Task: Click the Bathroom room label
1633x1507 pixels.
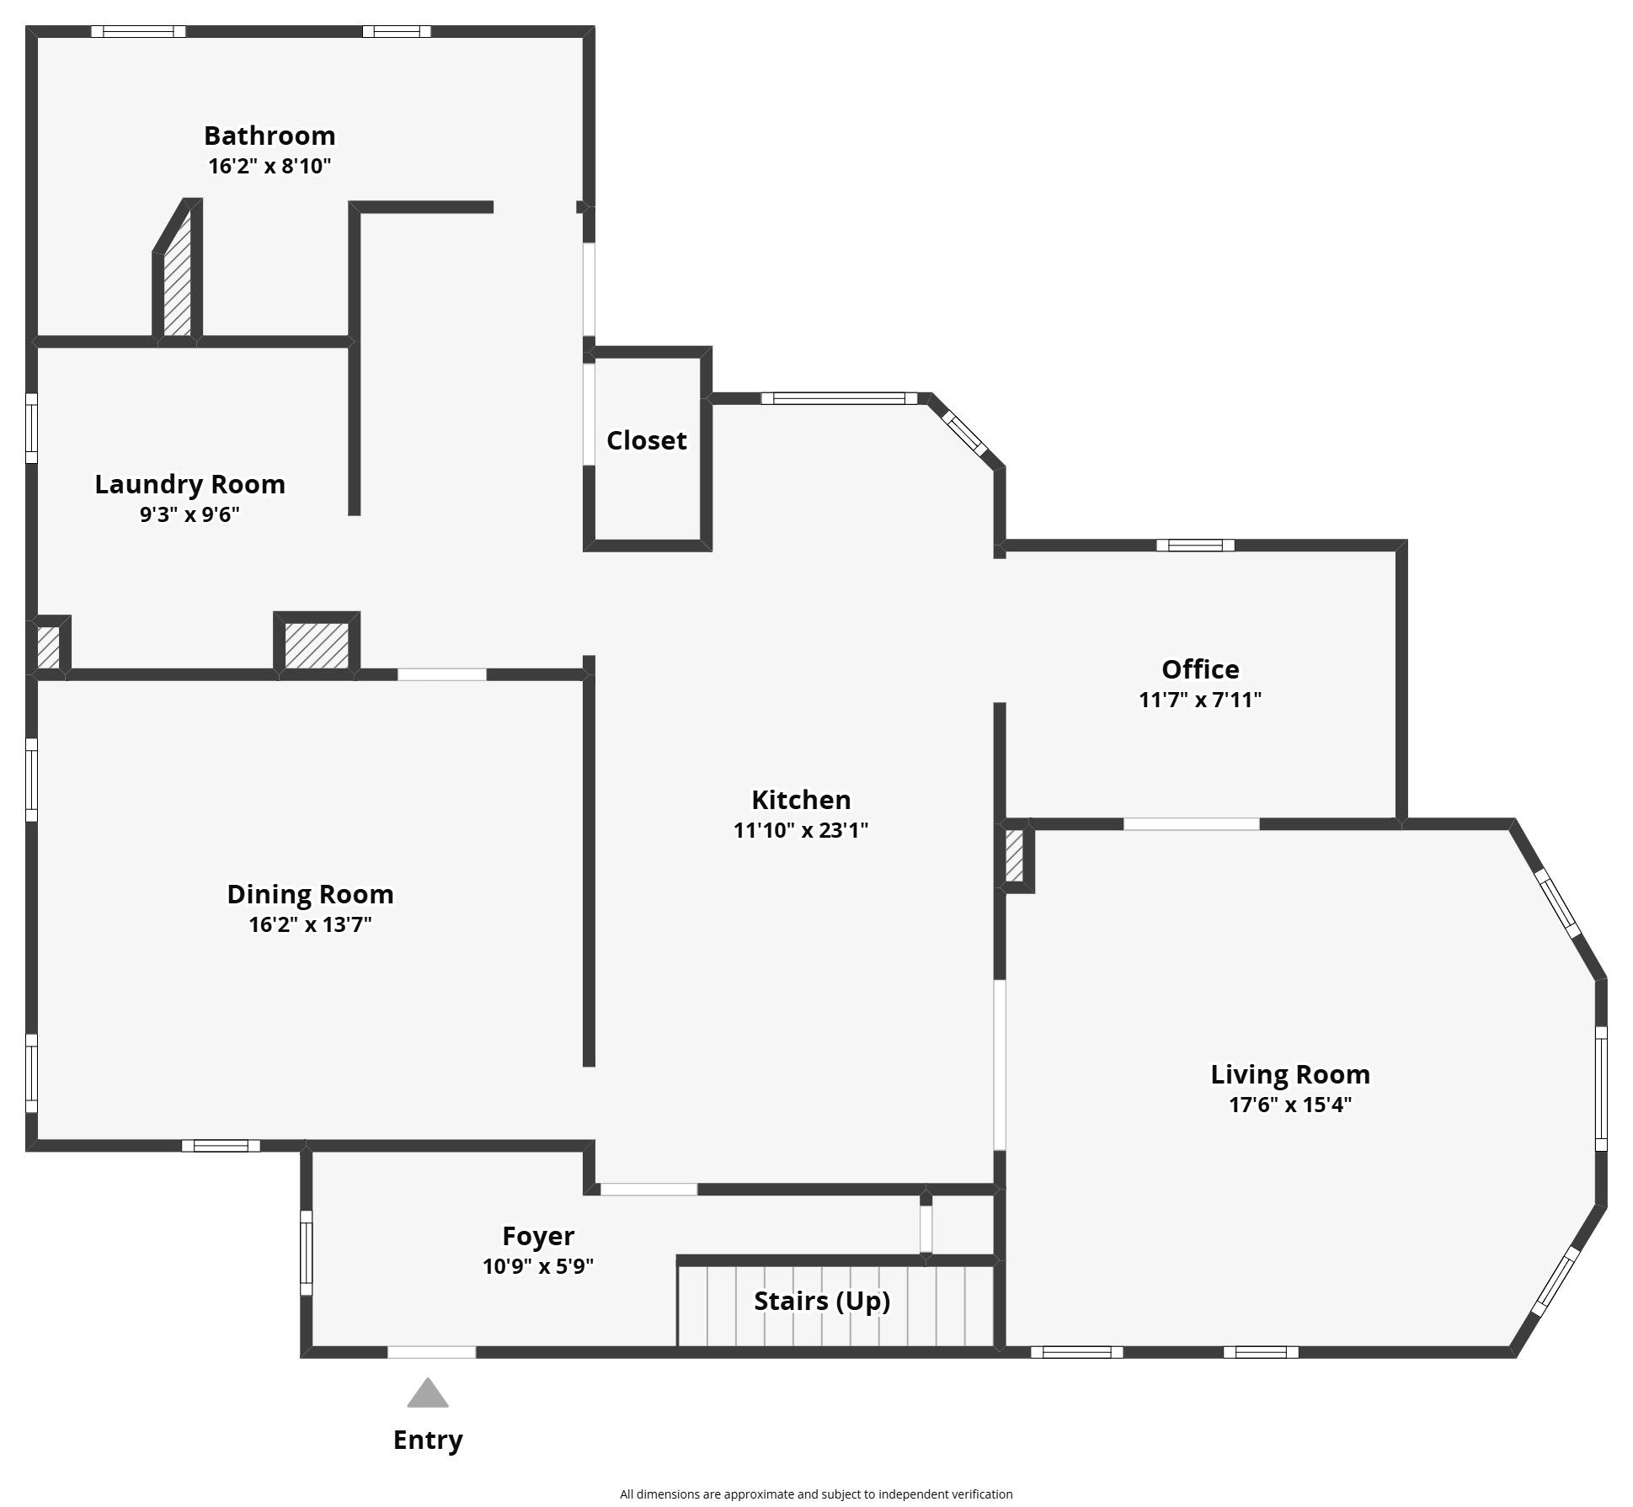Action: [269, 136]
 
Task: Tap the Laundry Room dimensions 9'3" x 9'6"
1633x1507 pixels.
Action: [189, 514]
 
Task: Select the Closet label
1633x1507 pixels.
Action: [647, 440]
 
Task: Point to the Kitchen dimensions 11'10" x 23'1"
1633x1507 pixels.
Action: [801, 830]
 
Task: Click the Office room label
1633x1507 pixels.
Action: [1200, 669]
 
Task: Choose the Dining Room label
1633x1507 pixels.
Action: [310, 894]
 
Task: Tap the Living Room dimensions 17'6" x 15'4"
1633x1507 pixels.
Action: [1290, 1105]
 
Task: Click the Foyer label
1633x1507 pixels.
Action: [538, 1236]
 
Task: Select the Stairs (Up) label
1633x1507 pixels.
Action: [822, 1301]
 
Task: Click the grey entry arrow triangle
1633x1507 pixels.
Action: [428, 1394]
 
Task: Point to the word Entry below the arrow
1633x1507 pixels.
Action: [428, 1440]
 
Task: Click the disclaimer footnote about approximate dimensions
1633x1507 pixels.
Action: [816, 1494]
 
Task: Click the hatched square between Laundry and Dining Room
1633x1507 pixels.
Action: [316, 646]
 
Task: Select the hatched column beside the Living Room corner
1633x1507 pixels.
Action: [1014, 856]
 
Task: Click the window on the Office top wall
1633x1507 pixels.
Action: [1195, 546]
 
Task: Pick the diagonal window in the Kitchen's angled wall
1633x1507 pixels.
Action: [963, 433]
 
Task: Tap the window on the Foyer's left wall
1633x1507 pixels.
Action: [307, 1253]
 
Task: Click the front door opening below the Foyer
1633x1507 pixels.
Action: [431, 1352]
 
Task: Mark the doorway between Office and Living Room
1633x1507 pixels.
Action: [1192, 824]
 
